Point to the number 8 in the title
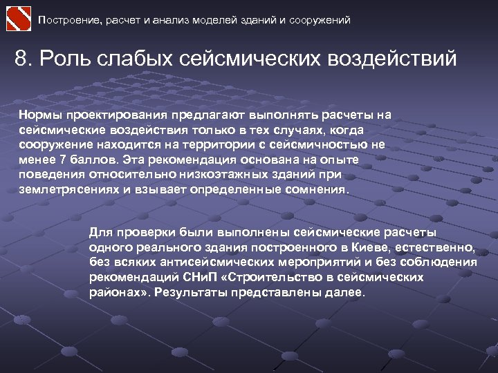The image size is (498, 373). tap(21, 58)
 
